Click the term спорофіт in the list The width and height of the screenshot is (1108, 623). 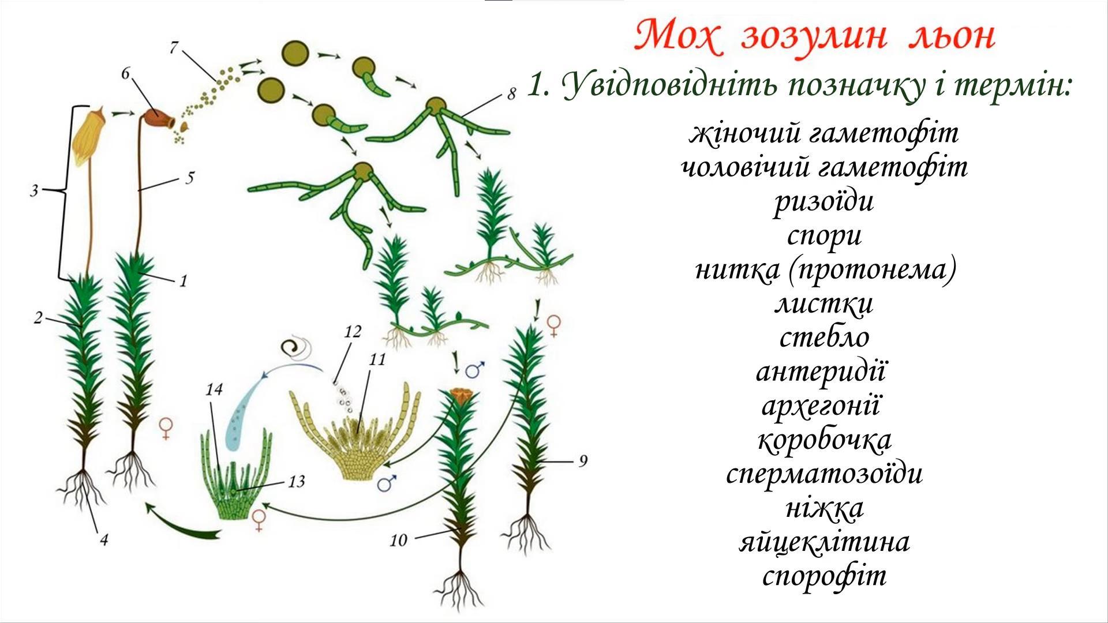tap(824, 576)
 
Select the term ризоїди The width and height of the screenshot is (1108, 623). tap(824, 201)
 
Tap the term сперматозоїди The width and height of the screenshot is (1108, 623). tap(824, 474)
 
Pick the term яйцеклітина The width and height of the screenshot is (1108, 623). tap(824, 542)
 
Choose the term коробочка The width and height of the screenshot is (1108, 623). tap(824, 440)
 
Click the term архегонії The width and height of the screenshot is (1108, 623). tap(821, 406)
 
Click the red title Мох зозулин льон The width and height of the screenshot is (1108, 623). tap(815, 36)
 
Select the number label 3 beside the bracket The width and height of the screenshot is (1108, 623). tap(35, 190)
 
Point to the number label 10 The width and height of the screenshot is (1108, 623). tap(399, 541)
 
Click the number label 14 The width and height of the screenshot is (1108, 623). tap(213, 390)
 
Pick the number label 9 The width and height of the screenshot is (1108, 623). tap(583, 460)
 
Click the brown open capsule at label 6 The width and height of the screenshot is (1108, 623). tap(159, 118)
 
